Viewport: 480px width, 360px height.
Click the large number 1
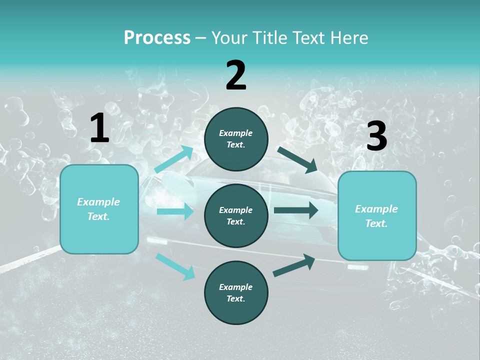point(99,128)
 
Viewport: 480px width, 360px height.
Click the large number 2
point(236,75)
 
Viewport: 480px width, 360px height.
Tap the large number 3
point(376,136)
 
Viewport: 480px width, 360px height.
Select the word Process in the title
point(157,37)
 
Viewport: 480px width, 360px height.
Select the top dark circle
point(236,139)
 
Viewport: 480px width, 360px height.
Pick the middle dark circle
point(236,216)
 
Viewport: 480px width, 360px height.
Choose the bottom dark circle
point(236,293)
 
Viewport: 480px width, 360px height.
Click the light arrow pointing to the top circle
point(174,159)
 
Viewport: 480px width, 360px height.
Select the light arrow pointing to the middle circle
point(175,211)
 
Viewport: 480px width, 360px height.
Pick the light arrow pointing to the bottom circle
point(175,266)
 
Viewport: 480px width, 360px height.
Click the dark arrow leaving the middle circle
point(296,210)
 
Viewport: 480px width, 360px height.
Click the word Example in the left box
point(98,202)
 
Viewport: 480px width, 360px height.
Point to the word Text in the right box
point(376,223)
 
